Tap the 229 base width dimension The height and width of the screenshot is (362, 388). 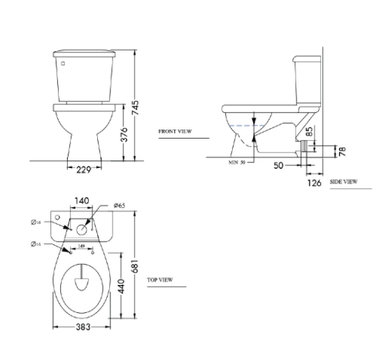click(x=84, y=168)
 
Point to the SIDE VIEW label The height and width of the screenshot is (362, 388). click(x=343, y=181)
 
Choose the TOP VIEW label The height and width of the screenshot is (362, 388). click(x=160, y=279)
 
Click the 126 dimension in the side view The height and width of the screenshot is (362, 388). click(x=315, y=183)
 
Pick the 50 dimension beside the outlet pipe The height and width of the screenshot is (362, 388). click(x=278, y=165)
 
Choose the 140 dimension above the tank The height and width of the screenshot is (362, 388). click(x=82, y=201)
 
